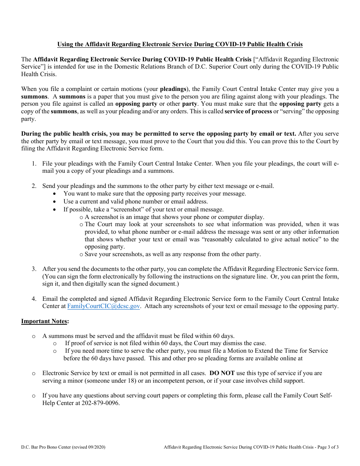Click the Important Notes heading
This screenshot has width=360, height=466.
click(45, 321)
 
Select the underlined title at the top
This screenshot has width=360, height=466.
click(180, 44)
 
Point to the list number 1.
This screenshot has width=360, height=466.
click(34, 164)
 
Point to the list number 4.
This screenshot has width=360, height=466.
click(34, 299)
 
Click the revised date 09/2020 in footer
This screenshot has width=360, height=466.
click(96, 447)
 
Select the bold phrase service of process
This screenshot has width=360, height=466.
click(248, 111)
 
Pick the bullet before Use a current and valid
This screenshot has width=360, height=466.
click(55, 202)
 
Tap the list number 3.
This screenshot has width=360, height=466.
click(34, 269)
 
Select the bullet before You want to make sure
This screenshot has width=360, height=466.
click(55, 194)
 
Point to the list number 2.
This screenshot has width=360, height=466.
click(34, 186)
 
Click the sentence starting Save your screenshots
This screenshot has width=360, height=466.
click(172, 254)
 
